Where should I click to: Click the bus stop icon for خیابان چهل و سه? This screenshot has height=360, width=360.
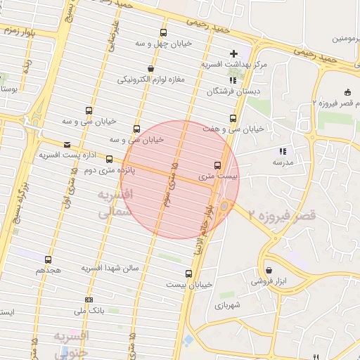[164, 32]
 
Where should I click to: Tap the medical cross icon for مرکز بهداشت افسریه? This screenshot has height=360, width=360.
[234, 53]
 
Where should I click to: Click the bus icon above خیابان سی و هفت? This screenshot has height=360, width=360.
[233, 118]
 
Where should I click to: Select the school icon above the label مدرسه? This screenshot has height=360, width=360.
[283, 150]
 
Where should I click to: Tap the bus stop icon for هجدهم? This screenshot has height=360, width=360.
[48, 259]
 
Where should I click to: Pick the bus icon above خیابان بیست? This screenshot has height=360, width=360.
[188, 274]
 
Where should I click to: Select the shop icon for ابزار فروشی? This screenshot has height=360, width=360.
[269, 270]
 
